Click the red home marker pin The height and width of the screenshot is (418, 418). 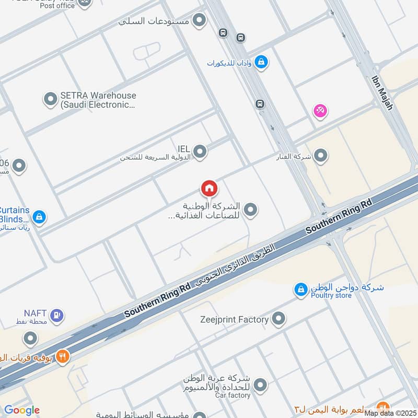[209, 188]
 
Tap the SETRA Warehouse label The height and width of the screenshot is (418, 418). [98, 100]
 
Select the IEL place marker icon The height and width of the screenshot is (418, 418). [200, 152]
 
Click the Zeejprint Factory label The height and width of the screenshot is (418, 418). [235, 319]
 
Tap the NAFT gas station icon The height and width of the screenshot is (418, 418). [57, 315]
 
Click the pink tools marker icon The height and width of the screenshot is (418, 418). [320, 111]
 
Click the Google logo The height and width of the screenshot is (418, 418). [22, 410]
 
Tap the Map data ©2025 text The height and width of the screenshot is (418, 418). [390, 413]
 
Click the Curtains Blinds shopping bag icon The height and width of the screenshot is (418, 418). [39, 216]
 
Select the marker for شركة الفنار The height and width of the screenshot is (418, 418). [320, 156]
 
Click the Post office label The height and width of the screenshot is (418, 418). [57, 5]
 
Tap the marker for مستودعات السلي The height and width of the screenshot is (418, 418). [199, 21]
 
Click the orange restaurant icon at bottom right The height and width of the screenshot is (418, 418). [384, 408]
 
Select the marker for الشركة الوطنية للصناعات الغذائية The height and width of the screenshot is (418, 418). [251, 210]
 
